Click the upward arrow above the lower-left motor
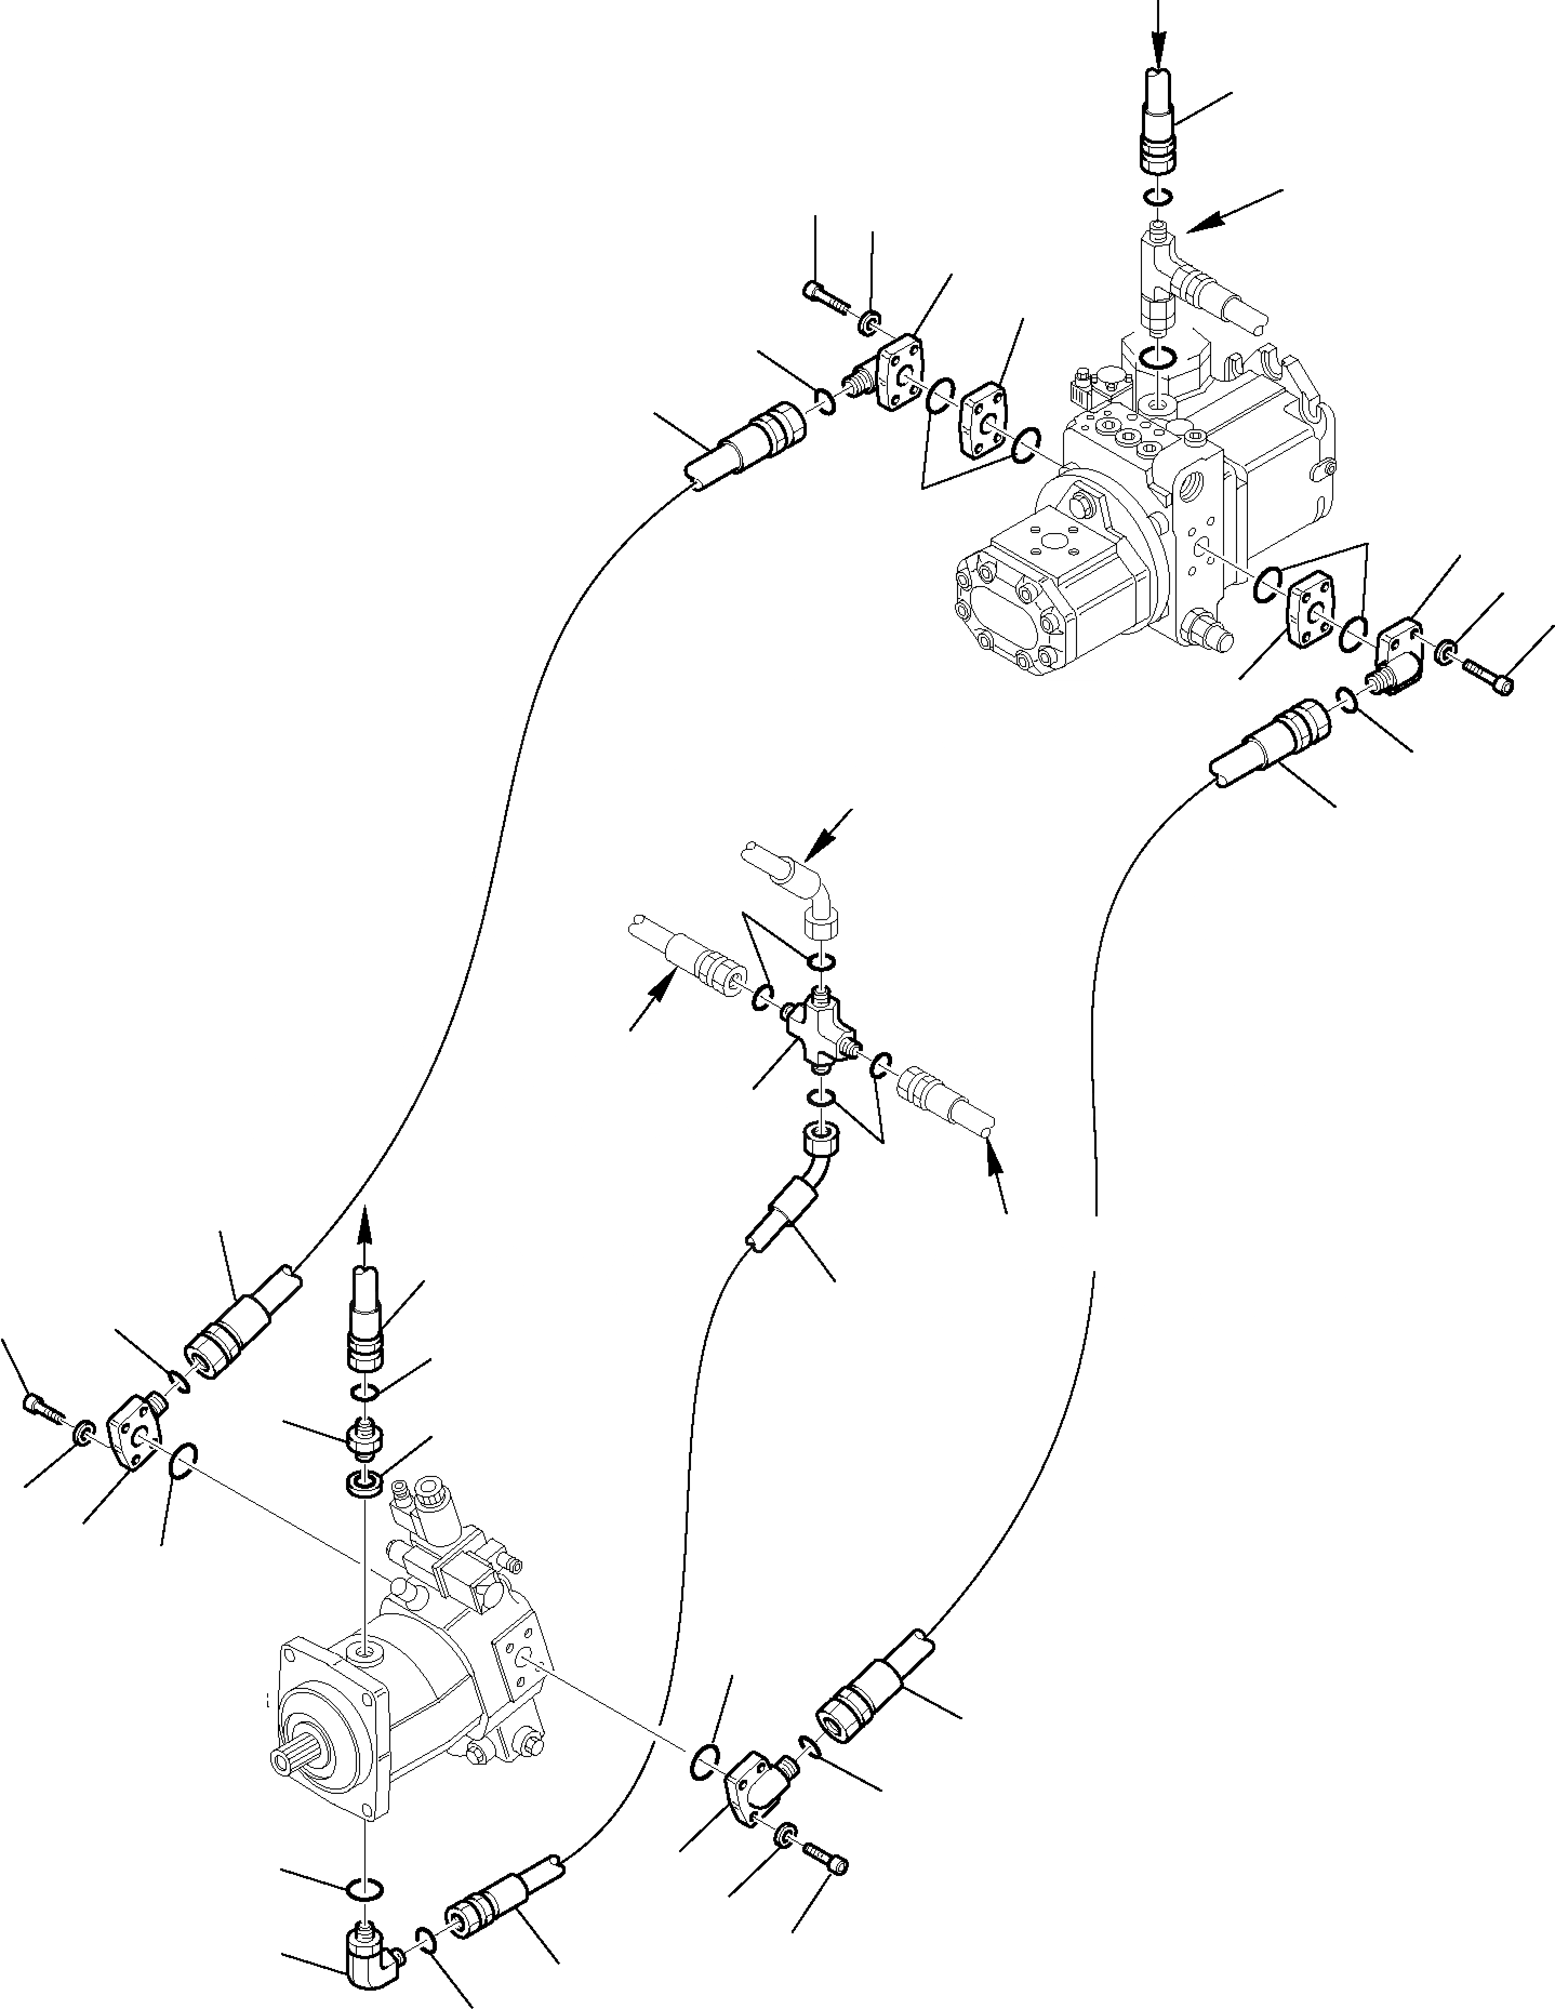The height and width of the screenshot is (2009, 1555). point(366,1228)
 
